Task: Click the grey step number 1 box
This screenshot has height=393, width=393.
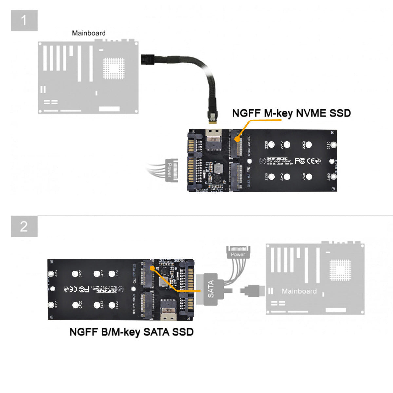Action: coord(24,21)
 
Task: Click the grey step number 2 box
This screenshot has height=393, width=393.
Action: coord(24,226)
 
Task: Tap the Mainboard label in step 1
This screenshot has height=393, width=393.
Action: coord(89,33)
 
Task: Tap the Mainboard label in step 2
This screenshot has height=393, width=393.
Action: coord(299,291)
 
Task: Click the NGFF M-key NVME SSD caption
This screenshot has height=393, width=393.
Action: coord(291,113)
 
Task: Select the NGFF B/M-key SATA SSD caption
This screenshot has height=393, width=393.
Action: coord(131,332)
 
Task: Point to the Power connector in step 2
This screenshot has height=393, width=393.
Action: coord(238,253)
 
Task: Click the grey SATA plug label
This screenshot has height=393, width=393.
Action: coord(211,289)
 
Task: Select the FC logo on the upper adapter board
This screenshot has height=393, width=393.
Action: coord(300,161)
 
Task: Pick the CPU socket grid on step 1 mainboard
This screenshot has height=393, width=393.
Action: coord(114,68)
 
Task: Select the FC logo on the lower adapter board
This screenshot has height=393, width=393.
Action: coord(84,289)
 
